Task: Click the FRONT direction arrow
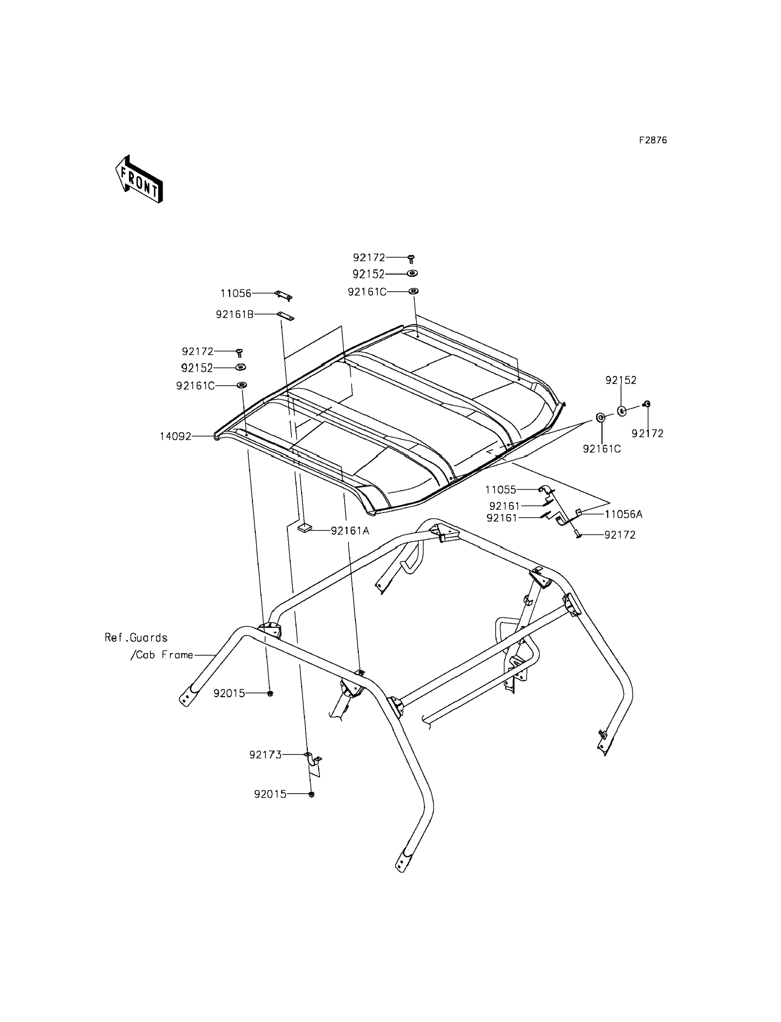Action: (x=139, y=179)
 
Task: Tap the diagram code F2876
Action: (x=652, y=140)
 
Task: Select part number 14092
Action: (x=175, y=437)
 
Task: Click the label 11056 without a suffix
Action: (x=236, y=293)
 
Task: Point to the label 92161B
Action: (x=234, y=315)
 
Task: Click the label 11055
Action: (x=501, y=490)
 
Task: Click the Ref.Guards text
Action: (x=136, y=637)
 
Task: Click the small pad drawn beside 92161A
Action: (x=305, y=528)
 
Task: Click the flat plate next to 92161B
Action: (x=285, y=316)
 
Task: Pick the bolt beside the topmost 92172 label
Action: (x=411, y=259)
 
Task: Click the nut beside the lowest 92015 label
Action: (x=312, y=794)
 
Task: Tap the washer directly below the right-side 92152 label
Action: (x=621, y=411)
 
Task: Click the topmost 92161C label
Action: (x=367, y=292)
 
